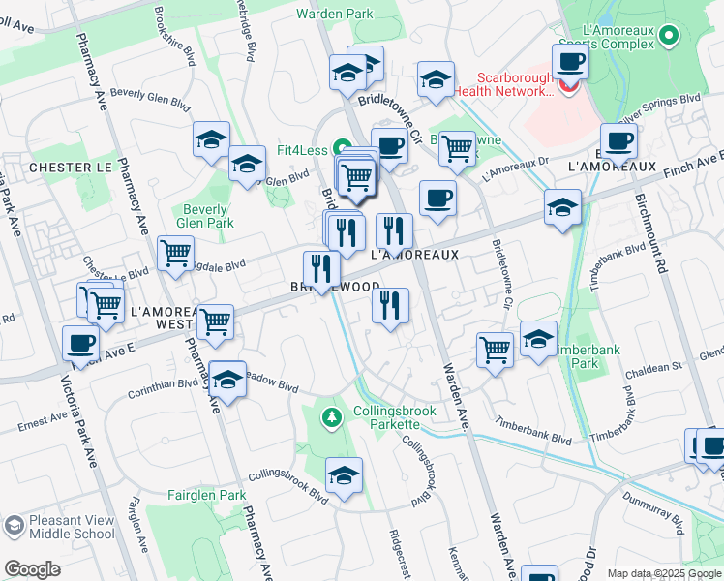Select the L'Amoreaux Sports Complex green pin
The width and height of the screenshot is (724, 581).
click(668, 37)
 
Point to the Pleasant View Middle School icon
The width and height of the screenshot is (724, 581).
click(14, 527)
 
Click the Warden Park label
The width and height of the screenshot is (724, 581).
click(334, 15)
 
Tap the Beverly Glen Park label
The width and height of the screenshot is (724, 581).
click(206, 216)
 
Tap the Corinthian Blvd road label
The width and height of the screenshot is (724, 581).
click(162, 383)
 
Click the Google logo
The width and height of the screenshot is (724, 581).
click(32, 568)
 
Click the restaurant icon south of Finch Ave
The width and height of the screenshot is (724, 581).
click(390, 306)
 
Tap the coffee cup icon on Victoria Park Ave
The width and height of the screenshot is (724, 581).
click(80, 342)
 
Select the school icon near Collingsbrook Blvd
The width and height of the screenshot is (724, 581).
click(344, 475)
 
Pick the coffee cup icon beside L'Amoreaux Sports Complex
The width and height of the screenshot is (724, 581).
click(570, 62)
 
